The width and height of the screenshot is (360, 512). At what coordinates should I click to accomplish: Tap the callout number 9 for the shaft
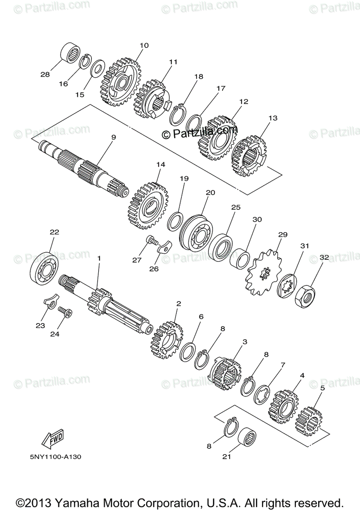click(x=114, y=137)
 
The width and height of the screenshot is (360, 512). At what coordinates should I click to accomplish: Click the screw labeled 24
click(x=65, y=313)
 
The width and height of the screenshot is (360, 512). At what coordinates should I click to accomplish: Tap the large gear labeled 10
click(x=121, y=83)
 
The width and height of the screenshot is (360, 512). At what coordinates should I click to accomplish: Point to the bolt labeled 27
click(x=151, y=242)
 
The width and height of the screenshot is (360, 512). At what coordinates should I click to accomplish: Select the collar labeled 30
click(x=240, y=258)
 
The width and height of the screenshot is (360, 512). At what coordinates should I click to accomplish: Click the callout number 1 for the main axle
click(x=99, y=259)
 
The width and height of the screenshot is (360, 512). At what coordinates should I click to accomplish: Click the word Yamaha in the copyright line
click(x=86, y=502)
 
